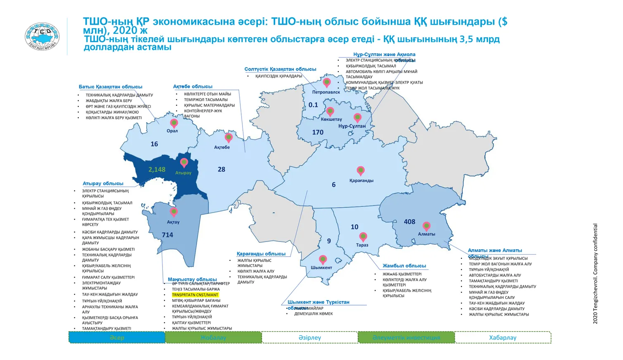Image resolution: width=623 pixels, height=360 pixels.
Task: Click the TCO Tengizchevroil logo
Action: (42, 36)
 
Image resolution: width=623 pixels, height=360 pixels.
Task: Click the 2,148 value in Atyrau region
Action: (157, 169)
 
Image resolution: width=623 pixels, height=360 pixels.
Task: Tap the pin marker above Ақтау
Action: (174, 212)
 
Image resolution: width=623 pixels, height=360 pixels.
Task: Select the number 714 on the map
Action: (167, 235)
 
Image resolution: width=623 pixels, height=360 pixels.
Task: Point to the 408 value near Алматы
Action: (409, 222)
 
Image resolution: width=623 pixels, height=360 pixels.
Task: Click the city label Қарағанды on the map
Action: (361, 180)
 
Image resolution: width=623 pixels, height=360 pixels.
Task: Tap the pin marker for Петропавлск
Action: (327, 83)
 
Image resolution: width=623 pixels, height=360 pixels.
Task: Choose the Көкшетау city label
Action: (331, 119)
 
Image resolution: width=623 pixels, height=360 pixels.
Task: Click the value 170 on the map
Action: (318, 132)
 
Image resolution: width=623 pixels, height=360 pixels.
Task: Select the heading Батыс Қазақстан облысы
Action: (110, 87)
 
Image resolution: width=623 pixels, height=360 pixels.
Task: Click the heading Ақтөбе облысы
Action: (193, 86)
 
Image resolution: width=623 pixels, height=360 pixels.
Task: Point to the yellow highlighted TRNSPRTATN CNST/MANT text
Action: (195, 295)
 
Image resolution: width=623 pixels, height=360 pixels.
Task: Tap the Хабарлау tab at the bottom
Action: (503, 337)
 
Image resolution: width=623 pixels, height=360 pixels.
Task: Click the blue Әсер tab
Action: (117, 337)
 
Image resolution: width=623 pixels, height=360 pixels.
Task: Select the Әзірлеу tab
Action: (310, 337)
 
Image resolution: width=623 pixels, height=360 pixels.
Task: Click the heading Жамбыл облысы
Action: (404, 265)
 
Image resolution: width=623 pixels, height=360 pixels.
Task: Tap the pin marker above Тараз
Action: (363, 237)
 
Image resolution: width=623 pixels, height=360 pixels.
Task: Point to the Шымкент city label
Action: (321, 268)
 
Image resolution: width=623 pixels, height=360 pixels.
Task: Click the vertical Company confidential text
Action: (595, 273)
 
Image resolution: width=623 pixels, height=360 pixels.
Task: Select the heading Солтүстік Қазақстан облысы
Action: (280, 69)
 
